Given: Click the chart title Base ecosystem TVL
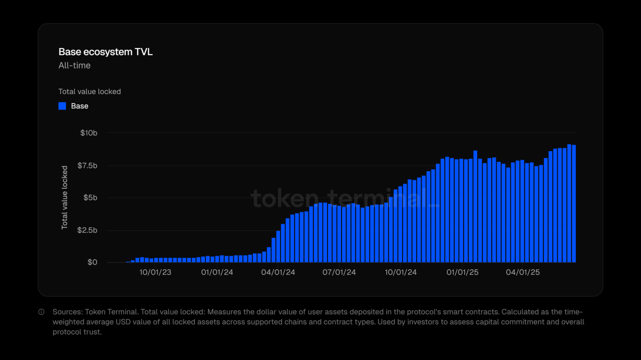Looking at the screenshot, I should tap(106, 52).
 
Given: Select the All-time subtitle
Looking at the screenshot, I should tap(75, 66).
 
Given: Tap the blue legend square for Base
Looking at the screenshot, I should tap(62, 106).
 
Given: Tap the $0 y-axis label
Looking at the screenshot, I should tap(92, 262).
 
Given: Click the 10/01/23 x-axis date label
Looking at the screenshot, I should tap(155, 272).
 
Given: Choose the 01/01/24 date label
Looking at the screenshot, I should tap(217, 272).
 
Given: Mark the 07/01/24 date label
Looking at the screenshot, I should tap(340, 272).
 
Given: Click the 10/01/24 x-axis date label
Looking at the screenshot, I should tap(401, 272).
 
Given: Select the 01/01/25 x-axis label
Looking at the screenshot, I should tap(463, 272).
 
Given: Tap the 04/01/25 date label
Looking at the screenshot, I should tap(523, 272).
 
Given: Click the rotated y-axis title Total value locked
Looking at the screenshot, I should tap(65, 197).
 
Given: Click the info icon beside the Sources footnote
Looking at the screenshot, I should tap(42, 312).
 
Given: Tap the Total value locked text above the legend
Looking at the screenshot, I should tap(90, 92).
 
